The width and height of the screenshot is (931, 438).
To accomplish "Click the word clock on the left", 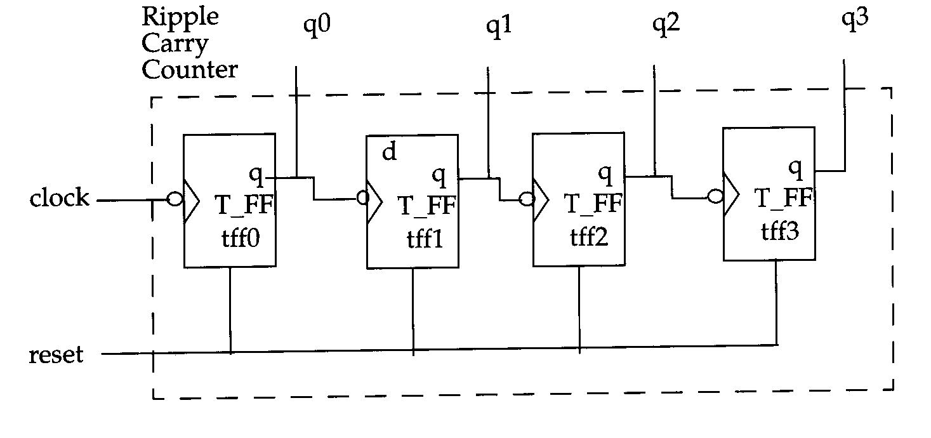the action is pos(59,197).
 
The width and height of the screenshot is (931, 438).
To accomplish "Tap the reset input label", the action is pos(56,354).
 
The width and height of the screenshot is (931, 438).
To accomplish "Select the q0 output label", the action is pos(317,25).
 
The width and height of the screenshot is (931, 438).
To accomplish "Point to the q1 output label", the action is pos(498,27).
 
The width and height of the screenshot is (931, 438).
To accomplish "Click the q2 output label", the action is pos(666,24).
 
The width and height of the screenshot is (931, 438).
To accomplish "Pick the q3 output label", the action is pos(855,20).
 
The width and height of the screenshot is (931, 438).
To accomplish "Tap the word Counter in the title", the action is pos(190,69).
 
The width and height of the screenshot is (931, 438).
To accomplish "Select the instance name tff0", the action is pos(241,238).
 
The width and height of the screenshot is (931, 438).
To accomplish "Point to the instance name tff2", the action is pos(589,237).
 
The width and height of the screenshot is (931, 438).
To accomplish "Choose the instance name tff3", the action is pos(780,231).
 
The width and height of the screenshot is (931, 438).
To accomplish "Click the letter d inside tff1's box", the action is pos(389,151).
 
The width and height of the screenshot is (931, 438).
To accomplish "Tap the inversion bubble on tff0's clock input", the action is pos(175,199).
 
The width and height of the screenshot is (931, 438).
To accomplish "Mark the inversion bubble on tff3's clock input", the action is pos(715,196).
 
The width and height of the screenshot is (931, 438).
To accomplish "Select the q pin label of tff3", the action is pos(795,168).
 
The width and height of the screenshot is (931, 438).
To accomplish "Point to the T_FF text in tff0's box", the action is pos(244,204).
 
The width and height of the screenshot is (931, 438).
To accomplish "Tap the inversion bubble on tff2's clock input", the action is pos(527,199).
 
